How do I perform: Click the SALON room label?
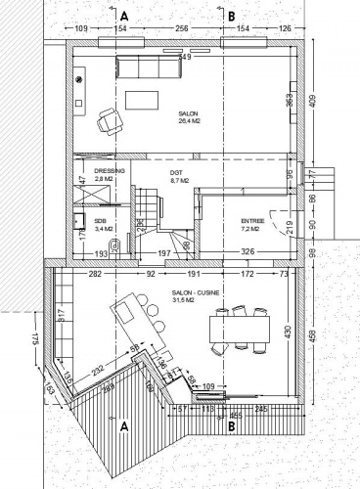(x=189, y=113)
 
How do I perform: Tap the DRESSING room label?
(x=110, y=172)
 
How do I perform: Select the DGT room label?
(x=177, y=172)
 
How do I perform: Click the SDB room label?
(x=100, y=222)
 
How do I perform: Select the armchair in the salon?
(x=108, y=121)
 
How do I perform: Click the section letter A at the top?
(x=124, y=16)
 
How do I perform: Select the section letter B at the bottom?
(x=231, y=426)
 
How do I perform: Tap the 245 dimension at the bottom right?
(x=260, y=408)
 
